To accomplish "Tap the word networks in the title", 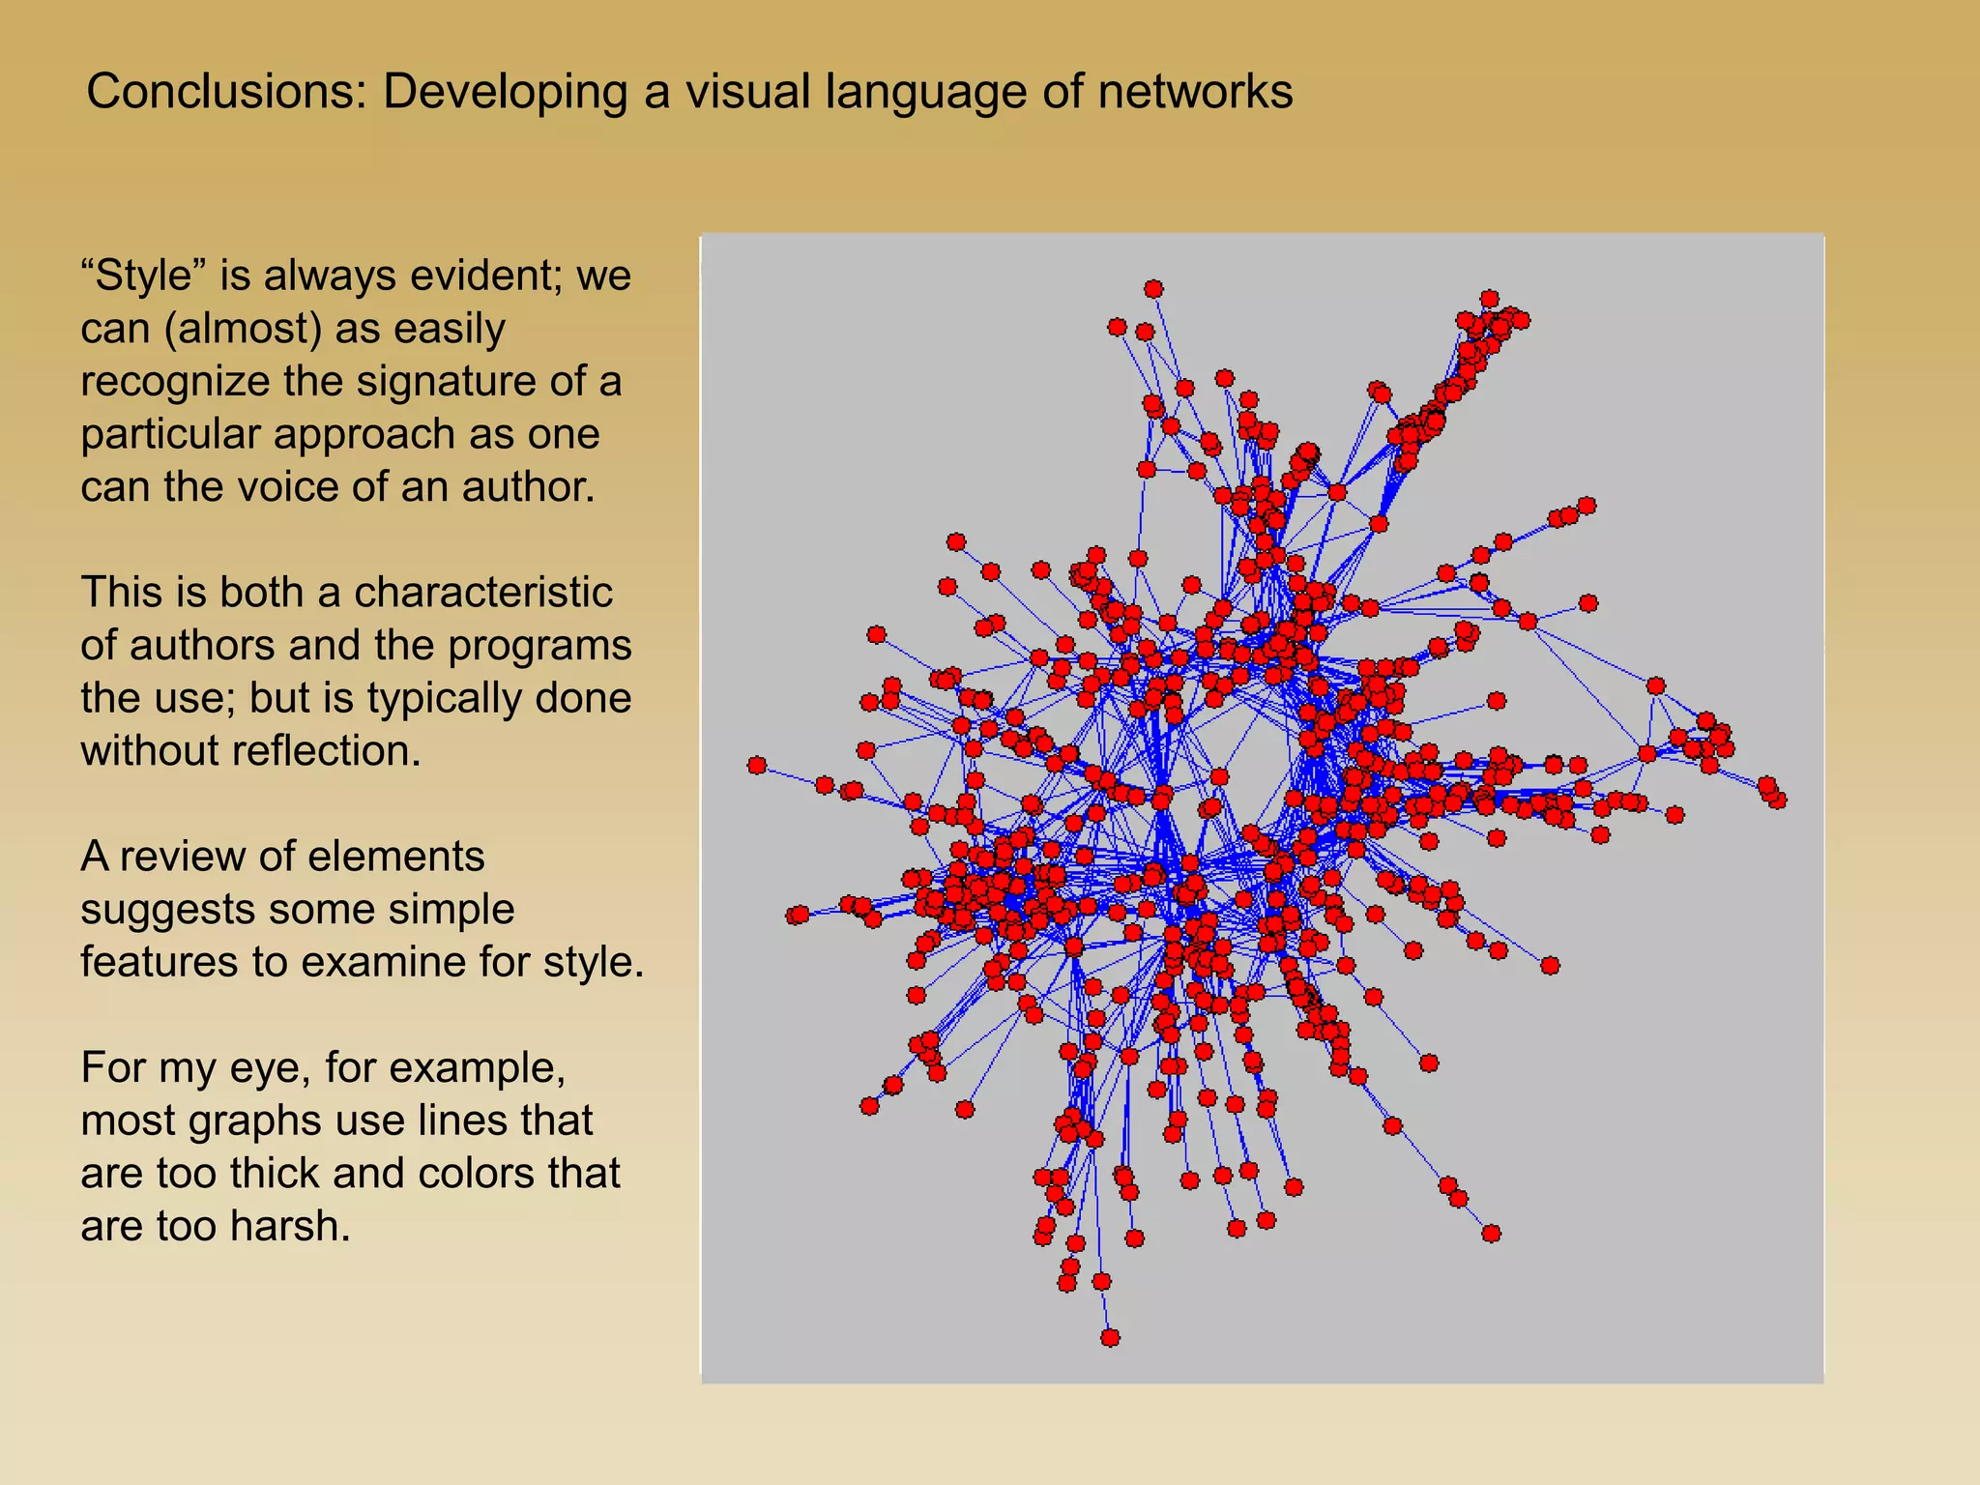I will (1194, 93).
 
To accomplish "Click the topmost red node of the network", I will (1153, 289).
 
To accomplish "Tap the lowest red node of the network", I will (1110, 1338).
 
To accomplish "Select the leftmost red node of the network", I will (757, 766).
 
